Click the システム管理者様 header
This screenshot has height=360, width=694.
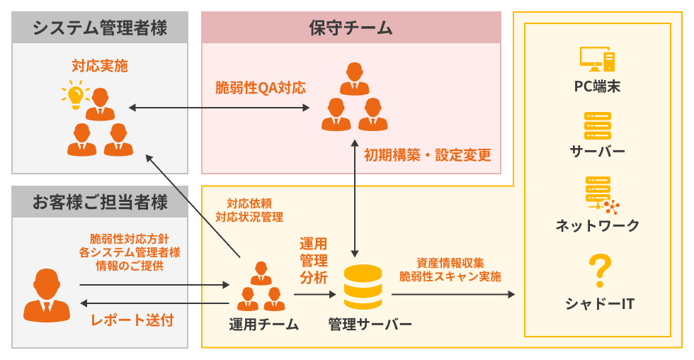click(x=100, y=28)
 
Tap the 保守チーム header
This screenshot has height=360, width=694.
click(x=351, y=28)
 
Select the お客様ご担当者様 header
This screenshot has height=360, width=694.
click(x=100, y=202)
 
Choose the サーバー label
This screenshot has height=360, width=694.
click(x=597, y=151)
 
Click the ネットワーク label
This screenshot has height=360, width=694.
click(x=597, y=226)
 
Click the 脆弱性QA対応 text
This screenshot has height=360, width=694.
click(x=261, y=88)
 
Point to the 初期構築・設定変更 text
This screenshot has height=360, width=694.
click(x=427, y=155)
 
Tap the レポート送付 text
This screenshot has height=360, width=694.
click(x=132, y=320)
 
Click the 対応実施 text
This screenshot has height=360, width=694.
click(x=100, y=66)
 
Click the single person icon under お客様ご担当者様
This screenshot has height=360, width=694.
click(x=47, y=296)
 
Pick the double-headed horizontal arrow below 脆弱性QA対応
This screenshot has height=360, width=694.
click(x=220, y=108)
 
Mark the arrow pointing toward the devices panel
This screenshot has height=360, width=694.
click(x=453, y=293)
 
